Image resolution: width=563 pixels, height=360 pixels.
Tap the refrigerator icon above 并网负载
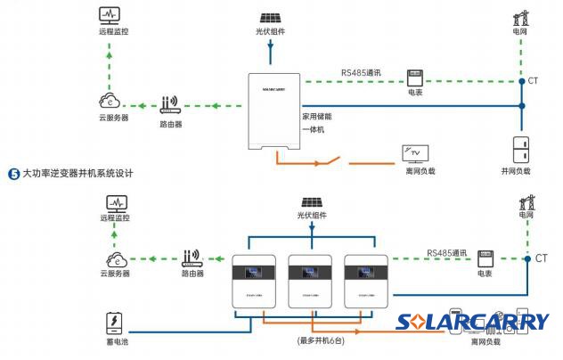(x=522, y=148)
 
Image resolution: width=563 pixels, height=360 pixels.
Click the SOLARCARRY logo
(x=473, y=322)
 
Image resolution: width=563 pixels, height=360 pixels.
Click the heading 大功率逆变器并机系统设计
(x=77, y=173)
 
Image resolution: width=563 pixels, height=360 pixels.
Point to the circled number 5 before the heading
(x=12, y=173)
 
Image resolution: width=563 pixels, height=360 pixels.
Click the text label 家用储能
(x=318, y=115)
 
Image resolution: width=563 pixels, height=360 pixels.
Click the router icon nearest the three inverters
(x=194, y=258)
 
